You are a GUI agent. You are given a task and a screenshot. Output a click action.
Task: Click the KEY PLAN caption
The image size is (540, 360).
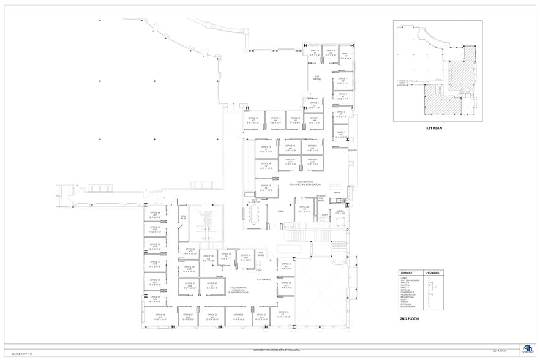click(x=434, y=129)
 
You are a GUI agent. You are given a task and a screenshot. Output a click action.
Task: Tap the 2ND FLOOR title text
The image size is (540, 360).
click(x=408, y=319)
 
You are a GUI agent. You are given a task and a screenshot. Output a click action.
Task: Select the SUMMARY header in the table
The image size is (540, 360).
click(x=408, y=272)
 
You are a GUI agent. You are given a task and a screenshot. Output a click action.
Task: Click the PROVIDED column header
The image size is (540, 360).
click(x=433, y=272)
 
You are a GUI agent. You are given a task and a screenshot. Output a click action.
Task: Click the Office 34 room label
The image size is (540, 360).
click(x=155, y=214)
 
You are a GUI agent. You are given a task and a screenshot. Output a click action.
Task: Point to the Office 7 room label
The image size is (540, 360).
click(x=341, y=134)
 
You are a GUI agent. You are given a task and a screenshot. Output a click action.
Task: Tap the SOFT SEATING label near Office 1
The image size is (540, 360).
click(x=317, y=78)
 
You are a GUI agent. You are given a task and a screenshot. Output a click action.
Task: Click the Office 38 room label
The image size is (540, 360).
click(x=212, y=285)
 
